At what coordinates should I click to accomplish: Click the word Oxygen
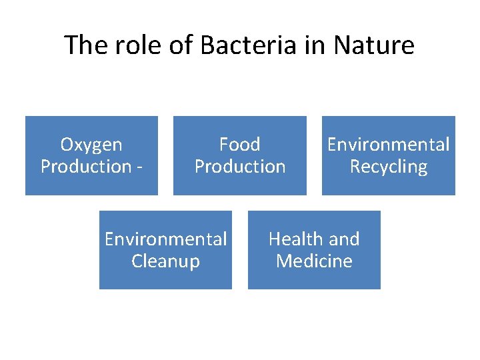(91, 145)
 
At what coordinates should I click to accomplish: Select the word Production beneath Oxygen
(85, 167)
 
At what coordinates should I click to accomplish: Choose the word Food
(240, 145)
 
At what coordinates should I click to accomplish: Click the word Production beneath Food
(240, 167)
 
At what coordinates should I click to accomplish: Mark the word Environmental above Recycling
(388, 145)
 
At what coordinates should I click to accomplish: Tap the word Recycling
(388, 167)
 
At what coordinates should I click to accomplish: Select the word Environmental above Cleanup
(165, 239)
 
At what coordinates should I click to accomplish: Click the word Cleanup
(165, 261)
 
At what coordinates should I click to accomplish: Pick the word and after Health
(345, 239)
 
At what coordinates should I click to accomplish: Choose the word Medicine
(314, 261)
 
